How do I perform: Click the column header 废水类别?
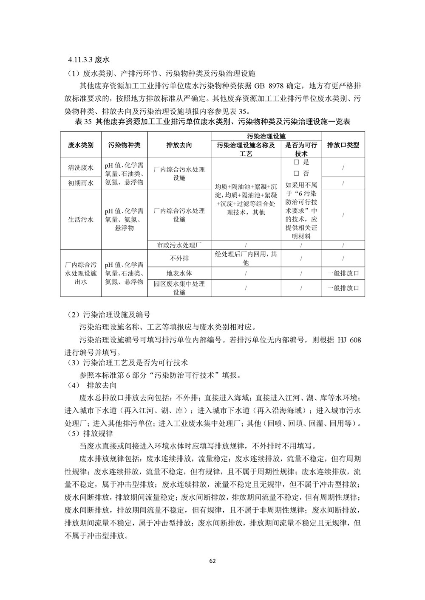tap(81, 145)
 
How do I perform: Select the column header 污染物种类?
tap(125, 145)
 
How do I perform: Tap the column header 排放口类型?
tap(343, 145)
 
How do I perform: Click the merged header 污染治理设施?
tap(266, 136)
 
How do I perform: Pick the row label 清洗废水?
tap(81, 168)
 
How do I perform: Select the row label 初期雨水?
tap(81, 183)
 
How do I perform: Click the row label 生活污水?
tap(81, 219)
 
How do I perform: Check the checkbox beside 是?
tap(297, 163)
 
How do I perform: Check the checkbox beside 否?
tap(297, 174)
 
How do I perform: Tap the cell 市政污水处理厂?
tap(179, 245)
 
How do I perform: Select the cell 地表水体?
tap(179, 273)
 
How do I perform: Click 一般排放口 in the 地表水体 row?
tap(343, 273)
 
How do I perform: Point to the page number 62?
tap(212, 561)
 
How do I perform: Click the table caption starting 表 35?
tap(212, 122)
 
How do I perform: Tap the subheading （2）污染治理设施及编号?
tap(109, 315)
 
